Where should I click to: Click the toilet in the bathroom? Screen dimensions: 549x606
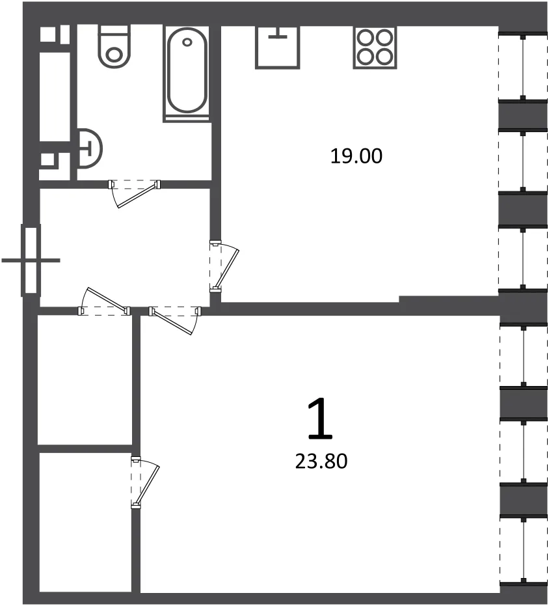pos(114,46)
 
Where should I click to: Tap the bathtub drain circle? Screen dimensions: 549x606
pos(187,42)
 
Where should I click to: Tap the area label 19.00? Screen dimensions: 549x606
pos(356,156)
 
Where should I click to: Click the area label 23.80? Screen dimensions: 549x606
pos(321,461)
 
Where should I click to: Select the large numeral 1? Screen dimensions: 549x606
pos(320,420)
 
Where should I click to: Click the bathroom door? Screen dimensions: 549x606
pos(134,193)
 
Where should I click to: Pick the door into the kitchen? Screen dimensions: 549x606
pos(224,266)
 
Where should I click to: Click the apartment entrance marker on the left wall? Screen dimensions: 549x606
pos(31,260)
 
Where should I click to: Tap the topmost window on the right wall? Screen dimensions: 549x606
pos(523,67)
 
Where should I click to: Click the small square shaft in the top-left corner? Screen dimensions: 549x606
pos(47,34)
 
